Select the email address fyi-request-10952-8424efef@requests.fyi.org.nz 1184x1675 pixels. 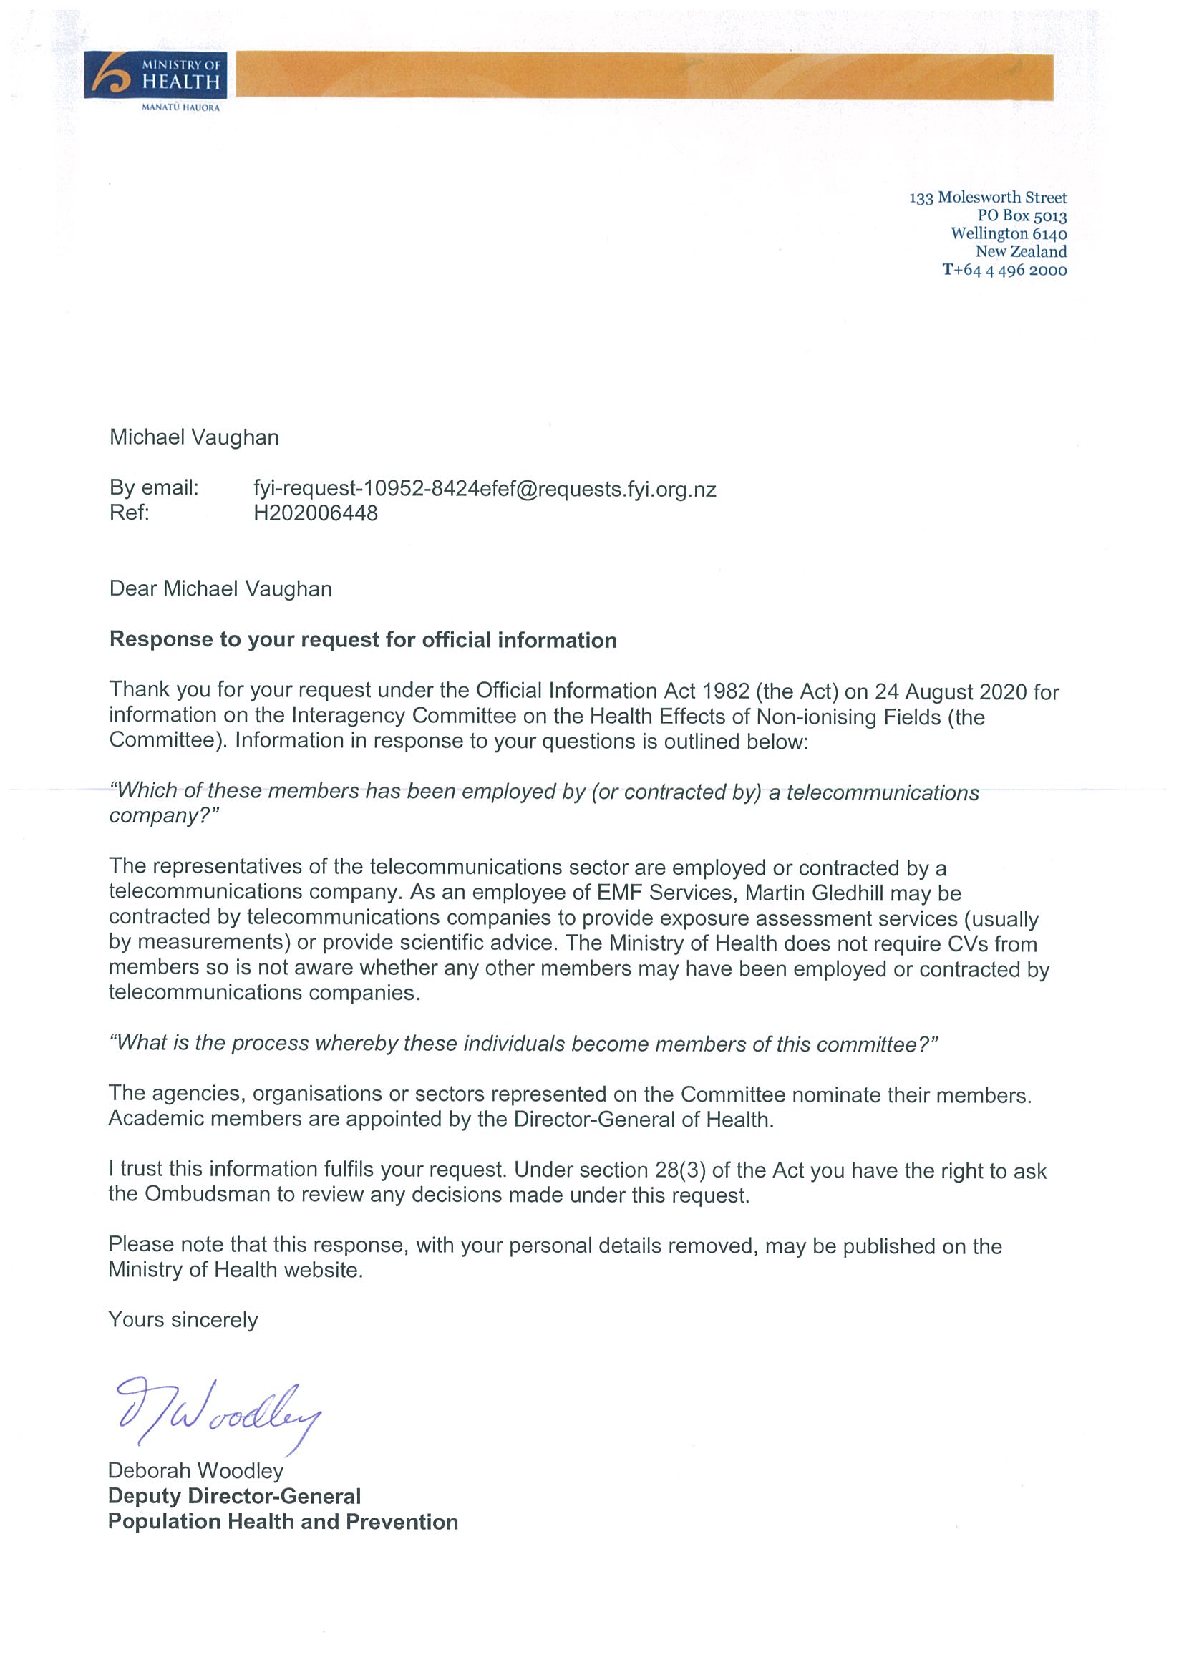[x=485, y=489]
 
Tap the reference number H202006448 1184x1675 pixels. [x=315, y=513]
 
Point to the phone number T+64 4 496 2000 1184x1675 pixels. [x=1004, y=270]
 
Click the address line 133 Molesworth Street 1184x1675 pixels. [x=987, y=198]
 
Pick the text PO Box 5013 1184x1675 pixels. [x=1022, y=216]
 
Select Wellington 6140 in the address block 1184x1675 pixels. [x=1008, y=233]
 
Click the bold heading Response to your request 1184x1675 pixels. [x=362, y=640]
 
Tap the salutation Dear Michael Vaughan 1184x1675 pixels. [x=220, y=588]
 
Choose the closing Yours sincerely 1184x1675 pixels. [x=183, y=1320]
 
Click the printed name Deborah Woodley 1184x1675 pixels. [x=195, y=1471]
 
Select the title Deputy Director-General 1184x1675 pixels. [x=234, y=1496]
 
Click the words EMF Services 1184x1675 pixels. [x=664, y=893]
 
